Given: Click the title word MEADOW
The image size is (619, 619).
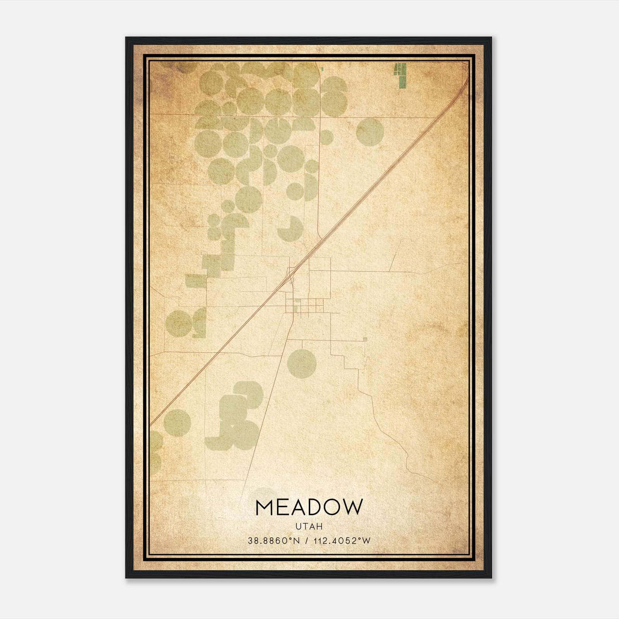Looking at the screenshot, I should click(309, 507).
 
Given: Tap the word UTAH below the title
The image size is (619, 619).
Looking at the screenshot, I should click(309, 527).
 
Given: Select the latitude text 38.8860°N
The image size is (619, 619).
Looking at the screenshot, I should click(274, 540).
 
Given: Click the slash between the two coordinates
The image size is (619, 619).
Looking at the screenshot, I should click(306, 540).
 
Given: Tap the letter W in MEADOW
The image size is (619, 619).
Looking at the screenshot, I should click(354, 507).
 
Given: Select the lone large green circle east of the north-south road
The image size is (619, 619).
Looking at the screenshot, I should click(370, 132).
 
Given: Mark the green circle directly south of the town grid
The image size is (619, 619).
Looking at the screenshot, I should click(302, 363).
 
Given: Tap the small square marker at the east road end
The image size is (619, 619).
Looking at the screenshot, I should click(365, 339).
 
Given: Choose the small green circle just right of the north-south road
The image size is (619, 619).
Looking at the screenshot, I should click(326, 137).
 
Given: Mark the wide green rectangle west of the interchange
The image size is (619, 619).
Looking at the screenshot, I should click(196, 280).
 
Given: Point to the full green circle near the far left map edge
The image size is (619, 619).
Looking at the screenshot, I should click(179, 323).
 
